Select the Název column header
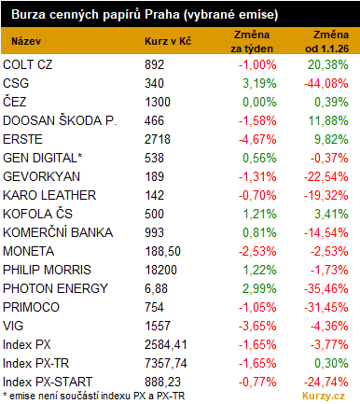[26, 41]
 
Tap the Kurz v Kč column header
[168, 41]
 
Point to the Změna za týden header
[252, 42]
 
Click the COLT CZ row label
[28, 64]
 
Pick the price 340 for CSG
[154, 83]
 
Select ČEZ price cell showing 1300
[158, 102]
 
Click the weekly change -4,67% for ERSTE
[257, 139]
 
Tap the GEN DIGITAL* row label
[43, 158]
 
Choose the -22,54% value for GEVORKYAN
[326, 176]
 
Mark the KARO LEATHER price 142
[154, 195]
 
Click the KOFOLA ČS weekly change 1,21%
[259, 214]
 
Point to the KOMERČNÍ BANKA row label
[58, 232]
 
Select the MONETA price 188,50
[162, 251]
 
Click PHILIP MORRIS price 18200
[161, 270]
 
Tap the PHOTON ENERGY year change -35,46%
[326, 288]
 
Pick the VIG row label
[13, 326]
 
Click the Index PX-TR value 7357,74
[166, 363]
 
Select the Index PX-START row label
[48, 382]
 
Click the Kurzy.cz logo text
[324, 396]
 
